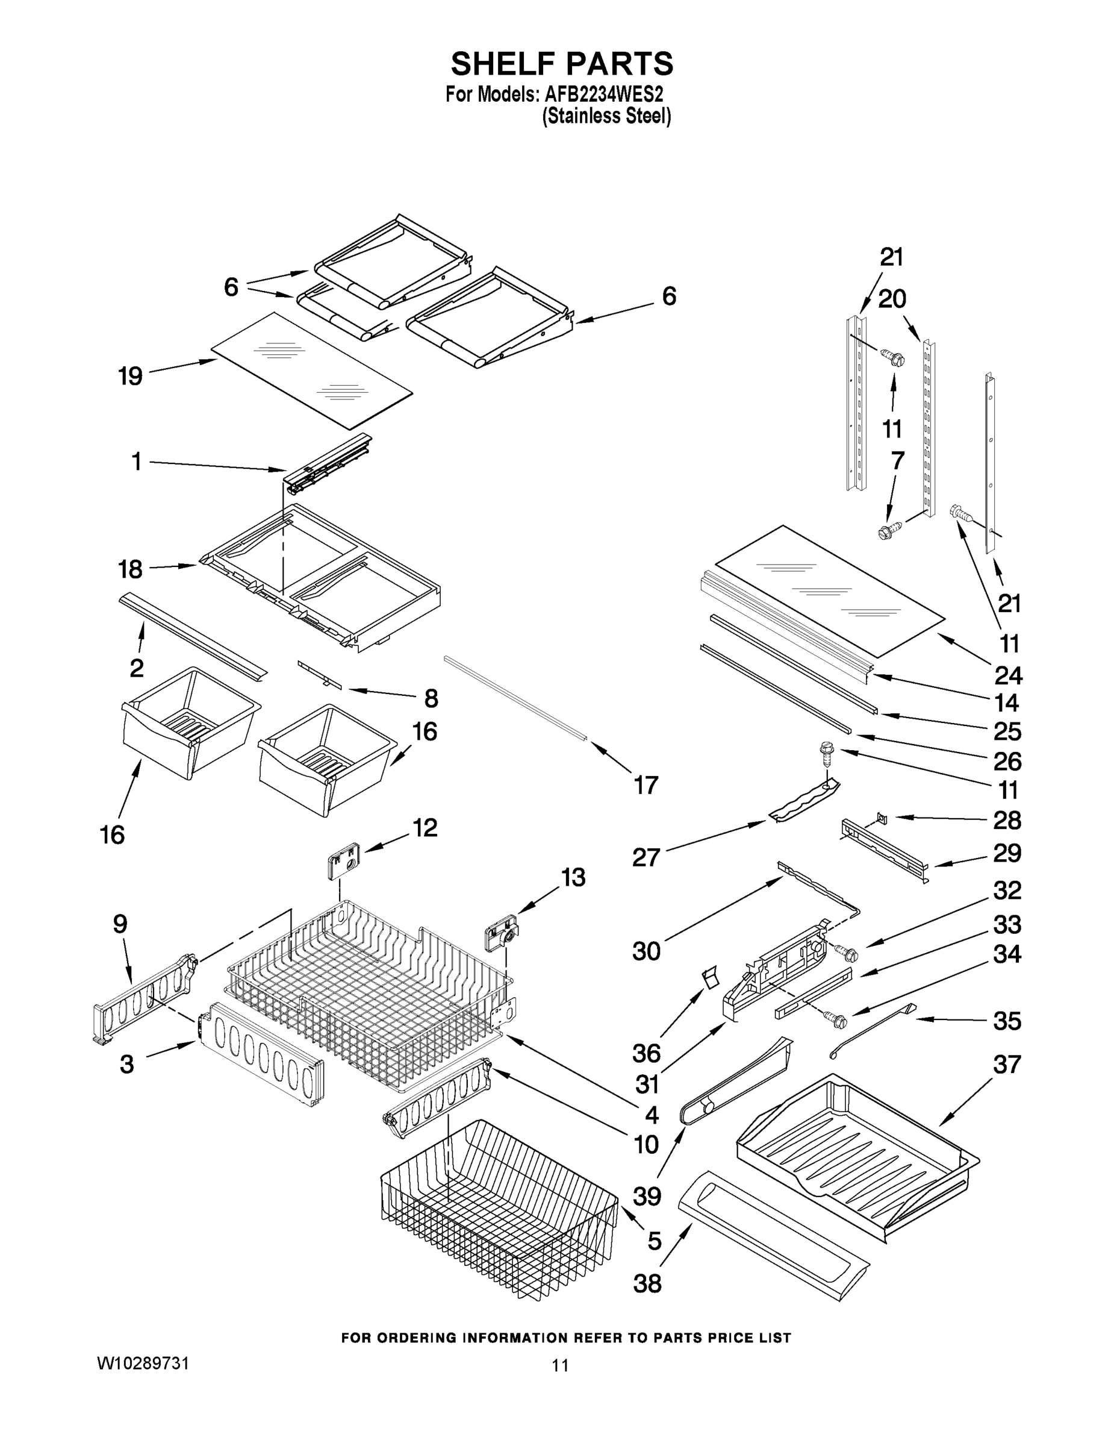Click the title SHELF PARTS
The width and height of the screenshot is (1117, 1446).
pyautogui.click(x=562, y=64)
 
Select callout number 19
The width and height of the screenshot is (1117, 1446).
pyautogui.click(x=130, y=377)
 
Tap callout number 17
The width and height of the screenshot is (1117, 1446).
pyautogui.click(x=646, y=785)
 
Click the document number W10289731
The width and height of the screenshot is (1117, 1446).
pyautogui.click(x=143, y=1363)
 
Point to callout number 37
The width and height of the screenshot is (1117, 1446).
pyautogui.click(x=1006, y=1065)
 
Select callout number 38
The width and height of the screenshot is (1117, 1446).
pyautogui.click(x=647, y=1284)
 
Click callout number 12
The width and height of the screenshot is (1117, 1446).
pyautogui.click(x=425, y=828)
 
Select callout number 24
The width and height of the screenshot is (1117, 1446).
pyautogui.click(x=1009, y=675)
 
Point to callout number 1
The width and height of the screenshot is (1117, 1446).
pyautogui.click(x=136, y=462)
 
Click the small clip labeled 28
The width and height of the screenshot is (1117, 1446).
pyautogui.click(x=881, y=818)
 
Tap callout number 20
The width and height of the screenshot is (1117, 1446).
pyautogui.click(x=891, y=299)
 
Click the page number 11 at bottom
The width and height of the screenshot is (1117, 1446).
pyautogui.click(x=560, y=1365)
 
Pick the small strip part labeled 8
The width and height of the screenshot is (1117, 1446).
pyautogui.click(x=320, y=675)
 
